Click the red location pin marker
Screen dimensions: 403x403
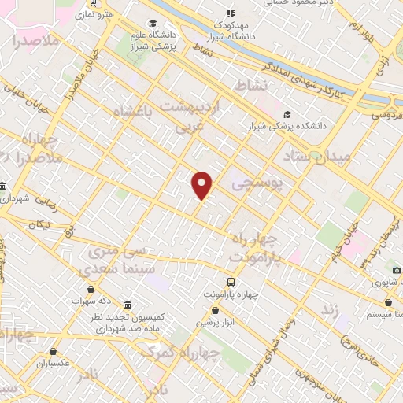(202, 184)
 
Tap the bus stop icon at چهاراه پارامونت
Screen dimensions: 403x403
(231, 282)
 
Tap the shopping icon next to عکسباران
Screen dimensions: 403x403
(54, 352)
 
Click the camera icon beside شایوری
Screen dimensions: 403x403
(397, 271)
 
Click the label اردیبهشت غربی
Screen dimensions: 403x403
(194, 114)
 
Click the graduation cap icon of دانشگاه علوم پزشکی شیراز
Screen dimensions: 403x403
(152, 24)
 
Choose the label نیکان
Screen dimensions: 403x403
(38, 225)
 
